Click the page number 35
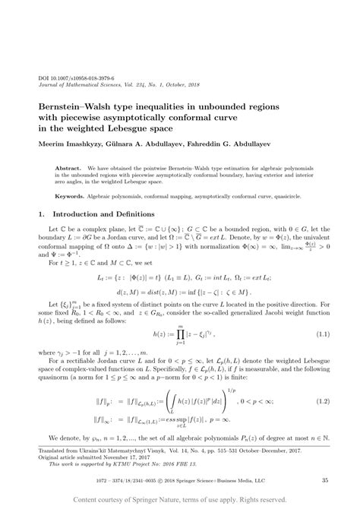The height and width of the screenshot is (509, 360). (x=324, y=479)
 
